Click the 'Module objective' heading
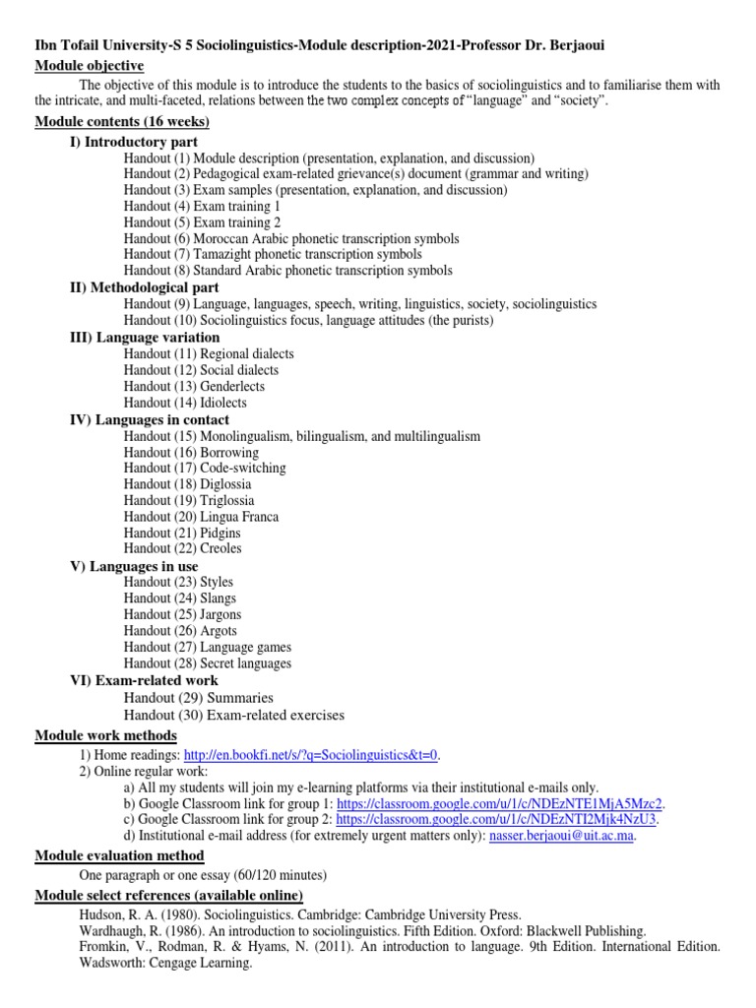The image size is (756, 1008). click(x=90, y=66)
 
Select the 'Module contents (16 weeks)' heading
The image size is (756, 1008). click(x=122, y=122)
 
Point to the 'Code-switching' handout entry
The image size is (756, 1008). click(x=242, y=468)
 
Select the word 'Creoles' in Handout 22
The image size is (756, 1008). click(x=220, y=548)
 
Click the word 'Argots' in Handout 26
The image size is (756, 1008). click(x=219, y=631)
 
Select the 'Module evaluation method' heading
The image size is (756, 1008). click(x=120, y=856)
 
